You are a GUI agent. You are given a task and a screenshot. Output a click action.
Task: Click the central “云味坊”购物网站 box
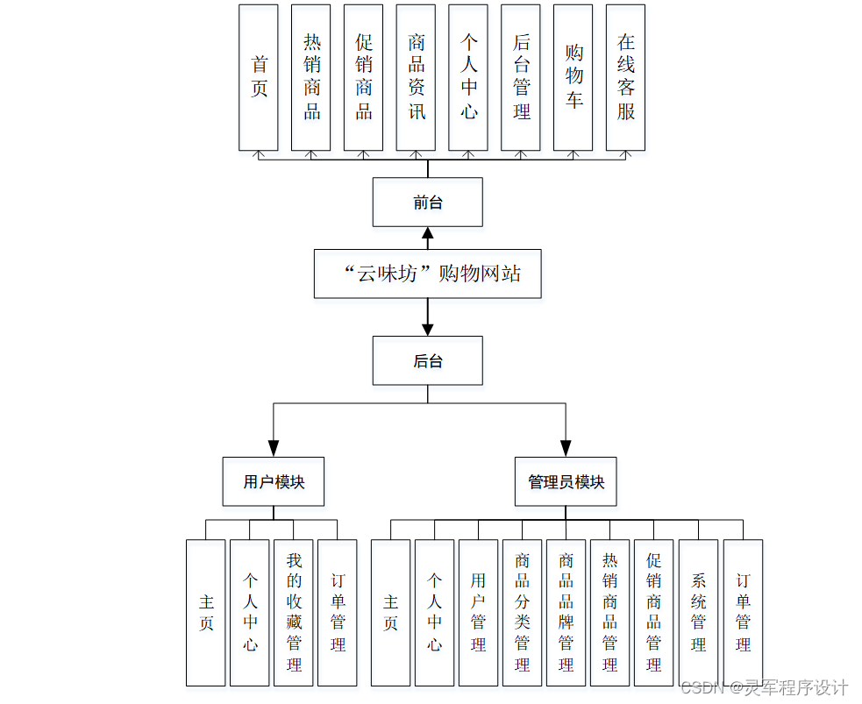coord(428,274)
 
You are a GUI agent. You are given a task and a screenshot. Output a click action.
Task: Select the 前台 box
coord(428,203)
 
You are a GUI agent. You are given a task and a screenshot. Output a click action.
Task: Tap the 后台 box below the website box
coord(428,360)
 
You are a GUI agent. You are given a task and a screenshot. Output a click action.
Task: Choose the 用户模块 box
coord(274,481)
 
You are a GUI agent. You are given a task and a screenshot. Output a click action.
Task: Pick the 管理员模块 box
coord(566,481)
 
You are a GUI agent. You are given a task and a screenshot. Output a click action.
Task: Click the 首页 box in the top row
coord(259,77)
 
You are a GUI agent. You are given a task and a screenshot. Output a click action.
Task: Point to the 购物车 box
coord(573,77)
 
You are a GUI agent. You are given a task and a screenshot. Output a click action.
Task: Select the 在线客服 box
coord(625,77)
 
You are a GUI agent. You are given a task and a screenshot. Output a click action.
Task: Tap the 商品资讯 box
coord(417,77)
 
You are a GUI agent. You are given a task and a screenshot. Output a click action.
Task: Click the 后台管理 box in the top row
coord(521,77)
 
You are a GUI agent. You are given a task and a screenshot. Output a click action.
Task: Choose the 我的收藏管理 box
coord(294,612)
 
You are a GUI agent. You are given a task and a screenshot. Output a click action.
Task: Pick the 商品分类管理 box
coord(523,612)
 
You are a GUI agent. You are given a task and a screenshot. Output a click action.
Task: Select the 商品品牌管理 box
coord(566,612)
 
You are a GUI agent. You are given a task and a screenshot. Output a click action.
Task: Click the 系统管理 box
coord(699,612)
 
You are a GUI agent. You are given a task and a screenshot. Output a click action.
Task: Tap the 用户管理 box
coord(478,612)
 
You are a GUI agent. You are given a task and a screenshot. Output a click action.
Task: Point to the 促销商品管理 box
coord(654,612)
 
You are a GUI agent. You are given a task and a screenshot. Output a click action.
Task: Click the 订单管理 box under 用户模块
coord(338,612)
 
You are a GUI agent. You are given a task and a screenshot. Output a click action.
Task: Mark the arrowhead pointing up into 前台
coord(428,234)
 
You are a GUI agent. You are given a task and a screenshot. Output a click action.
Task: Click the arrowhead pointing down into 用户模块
coord(274,448)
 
